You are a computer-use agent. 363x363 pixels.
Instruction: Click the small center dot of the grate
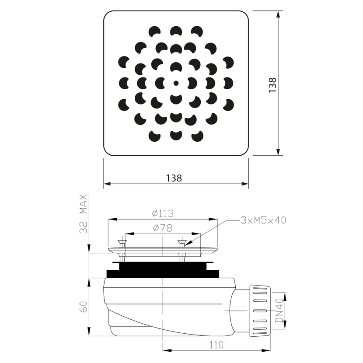click(176, 83)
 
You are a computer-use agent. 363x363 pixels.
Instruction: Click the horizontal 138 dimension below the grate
click(174, 178)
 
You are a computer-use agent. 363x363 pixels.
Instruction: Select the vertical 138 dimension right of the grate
click(272, 85)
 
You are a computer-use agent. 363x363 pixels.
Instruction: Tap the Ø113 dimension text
click(163, 213)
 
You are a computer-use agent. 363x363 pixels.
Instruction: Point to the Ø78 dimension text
click(163, 228)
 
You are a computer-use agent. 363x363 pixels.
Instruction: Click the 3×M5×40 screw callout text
click(263, 220)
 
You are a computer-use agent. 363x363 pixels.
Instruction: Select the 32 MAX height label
click(84, 214)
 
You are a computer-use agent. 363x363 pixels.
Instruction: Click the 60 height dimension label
click(84, 307)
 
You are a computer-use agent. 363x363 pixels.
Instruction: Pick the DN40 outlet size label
click(279, 310)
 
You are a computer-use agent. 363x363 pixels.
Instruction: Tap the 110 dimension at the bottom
click(216, 345)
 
